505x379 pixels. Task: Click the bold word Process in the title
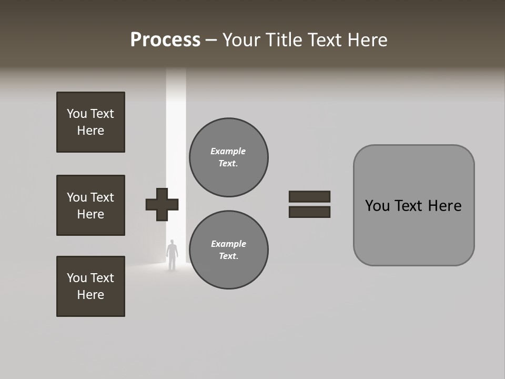pyautogui.click(x=165, y=40)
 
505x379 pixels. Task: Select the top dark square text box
pyautogui.click(x=90, y=122)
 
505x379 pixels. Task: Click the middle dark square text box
pyautogui.click(x=90, y=205)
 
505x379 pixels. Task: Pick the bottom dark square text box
pyautogui.click(x=90, y=286)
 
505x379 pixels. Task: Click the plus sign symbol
pyautogui.click(x=162, y=204)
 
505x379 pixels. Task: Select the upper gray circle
pyautogui.click(x=228, y=157)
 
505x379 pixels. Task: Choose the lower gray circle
pyautogui.click(x=228, y=250)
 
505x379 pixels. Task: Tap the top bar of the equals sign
pyautogui.click(x=309, y=196)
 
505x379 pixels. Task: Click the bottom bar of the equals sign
pyautogui.click(x=309, y=212)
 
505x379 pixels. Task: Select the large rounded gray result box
pyautogui.click(x=413, y=205)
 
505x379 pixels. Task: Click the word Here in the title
pyautogui.click(x=368, y=40)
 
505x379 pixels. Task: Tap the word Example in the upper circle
pyautogui.click(x=228, y=151)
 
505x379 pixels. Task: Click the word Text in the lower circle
pyautogui.click(x=228, y=256)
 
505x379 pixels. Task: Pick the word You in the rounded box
pyautogui.click(x=377, y=206)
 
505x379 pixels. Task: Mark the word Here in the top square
pyautogui.click(x=90, y=131)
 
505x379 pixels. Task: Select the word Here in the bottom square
pyautogui.click(x=90, y=295)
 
